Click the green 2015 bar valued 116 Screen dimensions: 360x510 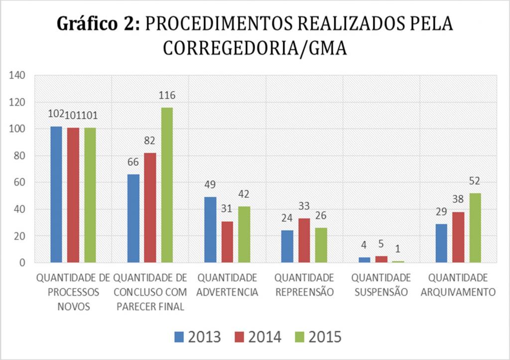pos(167,185)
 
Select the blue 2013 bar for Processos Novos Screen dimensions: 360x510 pos(56,194)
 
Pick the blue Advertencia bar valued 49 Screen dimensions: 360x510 pos(210,230)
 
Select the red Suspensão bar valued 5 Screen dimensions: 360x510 pos(381,259)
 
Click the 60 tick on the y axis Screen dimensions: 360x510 pos(19,183)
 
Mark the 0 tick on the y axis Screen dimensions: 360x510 pos(22,263)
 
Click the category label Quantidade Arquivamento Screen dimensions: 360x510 pos(458,284)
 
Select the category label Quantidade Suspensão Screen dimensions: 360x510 pos(381,284)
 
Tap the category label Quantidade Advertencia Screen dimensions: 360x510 pos(227,284)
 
